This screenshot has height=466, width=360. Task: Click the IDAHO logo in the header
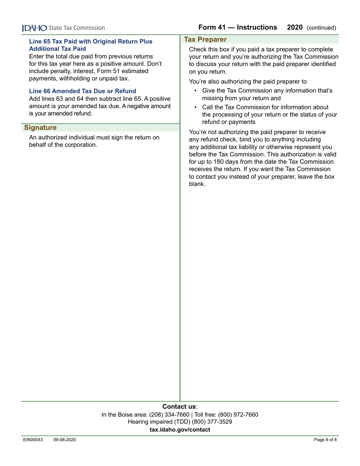pyautogui.click(x=34, y=28)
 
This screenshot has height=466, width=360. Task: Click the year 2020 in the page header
pyautogui.click(x=295, y=27)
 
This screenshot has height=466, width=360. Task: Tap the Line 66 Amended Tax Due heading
pyautogui.click(x=82, y=91)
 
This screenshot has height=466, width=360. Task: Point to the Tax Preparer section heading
pyautogui.click(x=205, y=39)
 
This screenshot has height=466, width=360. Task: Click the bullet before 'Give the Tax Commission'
pyautogui.click(x=195, y=91)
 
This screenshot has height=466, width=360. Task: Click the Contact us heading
pyautogui.click(x=180, y=407)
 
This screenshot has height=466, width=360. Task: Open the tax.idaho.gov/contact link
pyautogui.click(x=180, y=429)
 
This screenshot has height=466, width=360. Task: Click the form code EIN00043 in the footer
pyautogui.click(x=32, y=440)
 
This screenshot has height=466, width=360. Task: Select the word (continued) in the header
pyautogui.click(x=321, y=28)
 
